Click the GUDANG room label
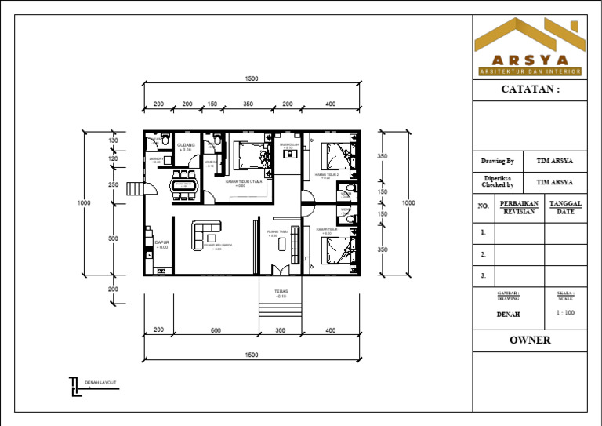pos(186,146)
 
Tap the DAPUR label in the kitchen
pos(162,244)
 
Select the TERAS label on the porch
pos(281,293)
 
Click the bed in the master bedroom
pos(252,153)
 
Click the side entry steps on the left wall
pos(139,189)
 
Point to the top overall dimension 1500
pos(252,78)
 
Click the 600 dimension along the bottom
pos(216,330)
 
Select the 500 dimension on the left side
pos(113,238)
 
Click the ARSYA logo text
pos(530,60)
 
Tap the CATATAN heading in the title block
pos(530,89)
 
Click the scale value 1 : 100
pos(565,313)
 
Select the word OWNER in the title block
pos(530,340)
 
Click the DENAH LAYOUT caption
pos(100,383)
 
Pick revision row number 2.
pos(484,254)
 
